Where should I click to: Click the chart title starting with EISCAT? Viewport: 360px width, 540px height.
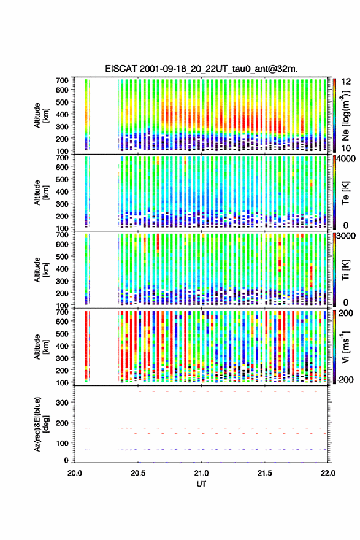click(201, 69)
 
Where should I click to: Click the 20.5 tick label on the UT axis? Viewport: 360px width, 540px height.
click(138, 473)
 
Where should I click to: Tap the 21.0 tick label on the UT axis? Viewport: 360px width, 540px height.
click(201, 473)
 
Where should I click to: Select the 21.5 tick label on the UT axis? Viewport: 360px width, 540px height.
click(265, 473)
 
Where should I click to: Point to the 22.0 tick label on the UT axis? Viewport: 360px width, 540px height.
click(328, 473)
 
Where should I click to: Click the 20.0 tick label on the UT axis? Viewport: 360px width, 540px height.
click(75, 473)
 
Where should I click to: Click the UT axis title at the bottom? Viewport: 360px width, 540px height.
click(201, 484)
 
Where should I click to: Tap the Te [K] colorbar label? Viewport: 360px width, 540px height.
click(345, 193)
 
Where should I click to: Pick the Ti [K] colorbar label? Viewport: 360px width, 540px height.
click(345, 270)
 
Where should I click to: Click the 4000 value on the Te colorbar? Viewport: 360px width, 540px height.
click(347, 159)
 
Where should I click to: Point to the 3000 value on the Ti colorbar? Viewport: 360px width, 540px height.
click(347, 236)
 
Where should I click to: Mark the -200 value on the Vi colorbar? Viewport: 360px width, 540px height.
click(344, 379)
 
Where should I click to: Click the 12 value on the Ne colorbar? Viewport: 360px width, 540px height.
click(346, 82)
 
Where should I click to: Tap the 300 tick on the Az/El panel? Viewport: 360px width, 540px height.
click(62, 403)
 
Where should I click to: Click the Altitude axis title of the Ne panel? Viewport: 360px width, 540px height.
click(41, 115)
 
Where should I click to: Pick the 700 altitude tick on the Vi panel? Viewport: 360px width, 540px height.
click(62, 312)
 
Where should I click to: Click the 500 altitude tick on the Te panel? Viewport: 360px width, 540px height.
click(62, 179)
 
